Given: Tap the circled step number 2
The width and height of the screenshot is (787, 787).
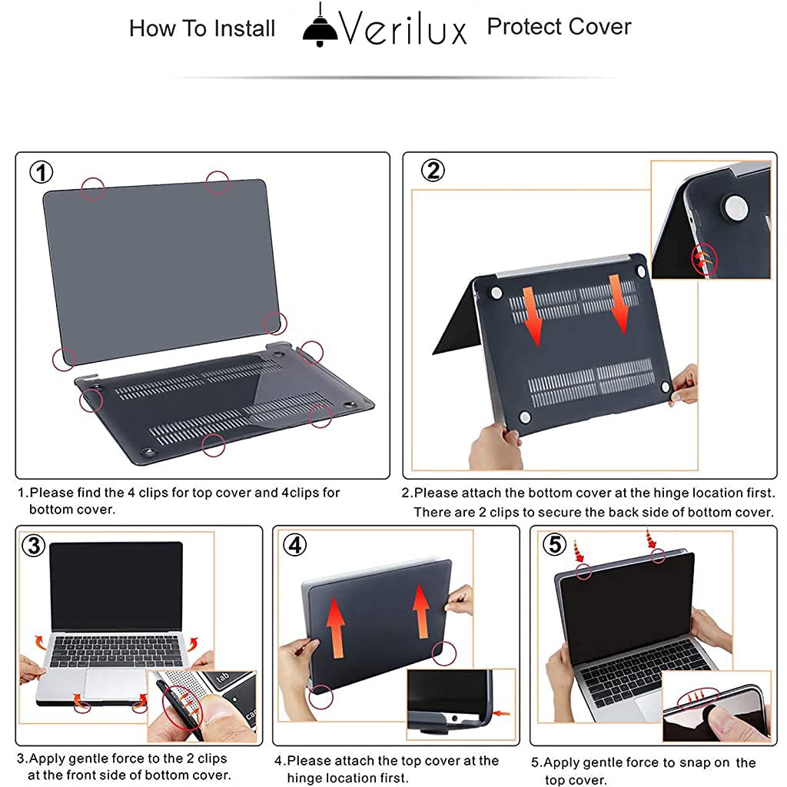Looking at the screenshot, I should click(433, 171).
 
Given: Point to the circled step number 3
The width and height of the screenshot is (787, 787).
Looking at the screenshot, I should click(33, 546).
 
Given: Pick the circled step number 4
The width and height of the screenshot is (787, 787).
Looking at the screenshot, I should click(294, 545).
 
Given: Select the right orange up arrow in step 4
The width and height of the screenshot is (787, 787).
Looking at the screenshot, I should click(420, 609).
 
